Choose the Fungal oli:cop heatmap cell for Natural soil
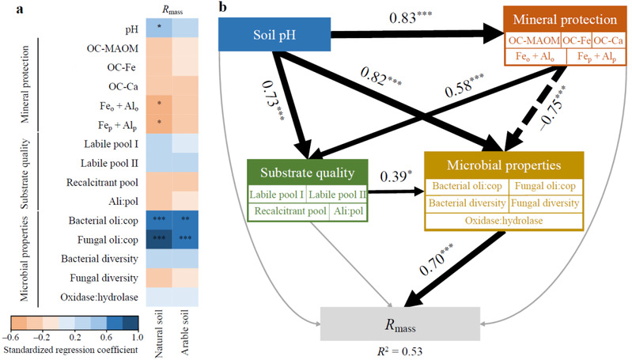pos(160,237)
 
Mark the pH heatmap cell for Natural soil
pos(160,27)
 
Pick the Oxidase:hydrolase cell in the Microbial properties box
pos(506,219)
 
